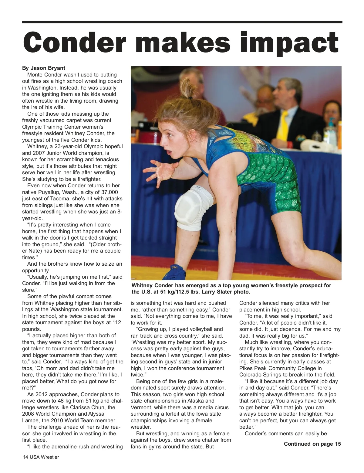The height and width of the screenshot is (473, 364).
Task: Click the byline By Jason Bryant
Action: [44, 68]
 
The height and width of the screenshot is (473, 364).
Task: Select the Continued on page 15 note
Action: [312, 444]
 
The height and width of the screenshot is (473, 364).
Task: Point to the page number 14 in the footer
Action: [26, 457]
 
